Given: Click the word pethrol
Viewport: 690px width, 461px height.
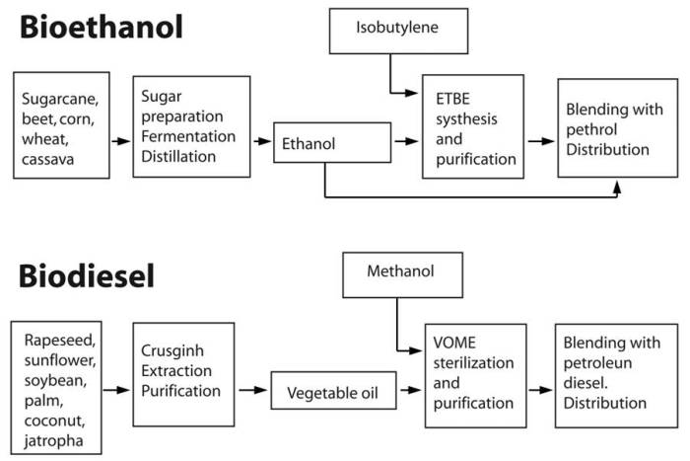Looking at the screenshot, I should tap(591, 130).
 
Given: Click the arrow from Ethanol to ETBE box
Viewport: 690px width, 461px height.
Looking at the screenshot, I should tap(404, 141).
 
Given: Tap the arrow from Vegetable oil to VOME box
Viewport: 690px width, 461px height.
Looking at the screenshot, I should tap(408, 393).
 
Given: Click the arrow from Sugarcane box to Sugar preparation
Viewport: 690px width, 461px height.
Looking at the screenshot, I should tap(118, 141).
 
